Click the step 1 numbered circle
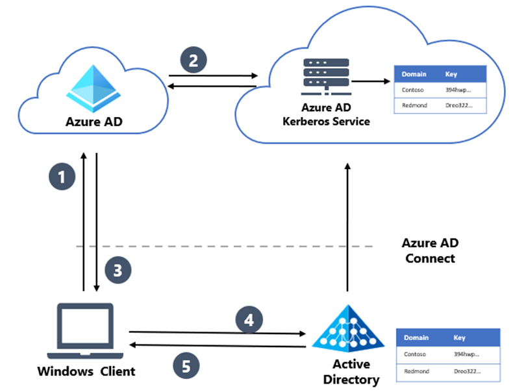pyautogui.click(x=62, y=177)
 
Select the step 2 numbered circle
pyautogui.click(x=194, y=60)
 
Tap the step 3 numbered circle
pyautogui.click(x=118, y=271)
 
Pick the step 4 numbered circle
pyautogui.click(x=249, y=319)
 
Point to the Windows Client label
pyautogui.click(x=86, y=371)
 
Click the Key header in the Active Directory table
pyautogui.click(x=459, y=338)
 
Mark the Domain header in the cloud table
pyautogui.click(x=414, y=74)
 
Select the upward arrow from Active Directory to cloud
pyautogui.click(x=348, y=228)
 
